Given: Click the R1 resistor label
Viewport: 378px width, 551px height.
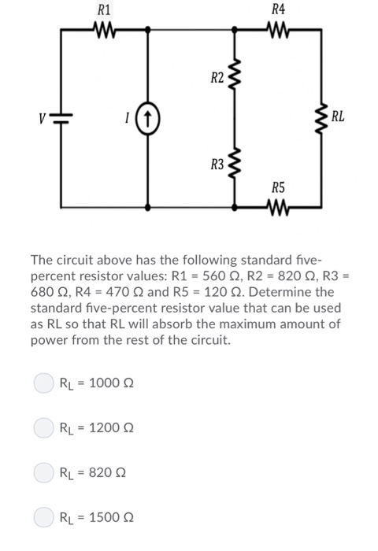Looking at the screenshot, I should click(x=103, y=10).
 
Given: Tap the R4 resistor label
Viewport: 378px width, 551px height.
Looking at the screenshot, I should click(x=277, y=10).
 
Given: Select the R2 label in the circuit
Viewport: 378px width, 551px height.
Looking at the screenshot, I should click(x=217, y=78).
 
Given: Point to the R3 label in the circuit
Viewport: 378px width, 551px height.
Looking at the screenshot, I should click(x=217, y=165).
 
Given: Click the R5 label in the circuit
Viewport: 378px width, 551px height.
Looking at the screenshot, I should click(x=277, y=187).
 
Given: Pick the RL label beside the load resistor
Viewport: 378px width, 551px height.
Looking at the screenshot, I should click(x=338, y=119).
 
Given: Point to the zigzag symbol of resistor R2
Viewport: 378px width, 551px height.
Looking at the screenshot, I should click(x=235, y=77).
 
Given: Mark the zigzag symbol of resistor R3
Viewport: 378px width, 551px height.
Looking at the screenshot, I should click(x=235, y=165).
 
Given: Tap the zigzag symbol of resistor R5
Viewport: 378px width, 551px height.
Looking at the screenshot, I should click(x=277, y=208).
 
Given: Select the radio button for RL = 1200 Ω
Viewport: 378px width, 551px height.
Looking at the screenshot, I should click(x=43, y=428).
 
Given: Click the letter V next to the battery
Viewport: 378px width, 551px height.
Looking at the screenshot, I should click(x=46, y=119).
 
